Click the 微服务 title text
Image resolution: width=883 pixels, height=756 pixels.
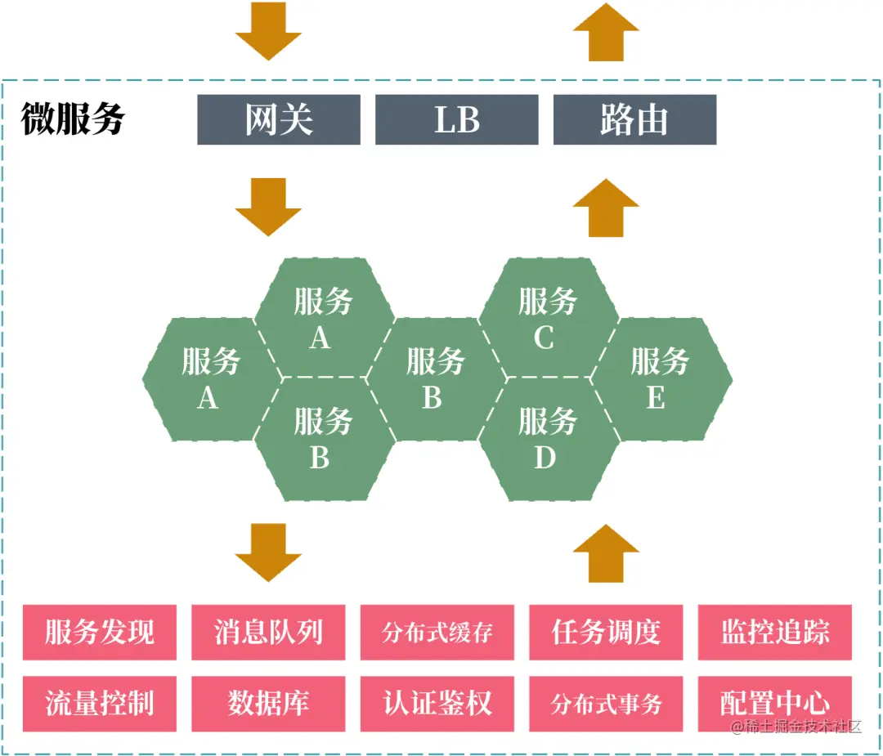tap(73, 119)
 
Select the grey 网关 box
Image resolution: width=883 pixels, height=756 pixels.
tap(279, 120)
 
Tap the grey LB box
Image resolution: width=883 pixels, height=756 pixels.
tap(456, 120)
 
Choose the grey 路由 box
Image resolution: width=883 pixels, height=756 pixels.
tap(634, 120)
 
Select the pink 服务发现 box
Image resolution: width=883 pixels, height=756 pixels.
tap(100, 632)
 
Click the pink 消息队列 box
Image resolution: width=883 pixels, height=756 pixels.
tap(268, 632)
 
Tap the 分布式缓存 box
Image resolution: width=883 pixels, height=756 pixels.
tap(437, 632)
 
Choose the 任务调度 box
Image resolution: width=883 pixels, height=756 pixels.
tap(606, 632)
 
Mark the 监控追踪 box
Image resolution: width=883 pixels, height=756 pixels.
tap(775, 632)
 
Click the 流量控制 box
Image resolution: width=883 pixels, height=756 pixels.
tap(100, 703)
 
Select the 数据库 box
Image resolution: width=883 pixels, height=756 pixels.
tap(268, 703)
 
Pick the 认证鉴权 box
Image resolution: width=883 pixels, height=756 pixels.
tap(437, 703)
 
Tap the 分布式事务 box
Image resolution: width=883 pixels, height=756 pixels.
tap(606, 703)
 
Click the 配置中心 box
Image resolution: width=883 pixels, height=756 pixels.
tap(775, 703)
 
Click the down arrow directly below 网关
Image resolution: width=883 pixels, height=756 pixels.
tap(268, 207)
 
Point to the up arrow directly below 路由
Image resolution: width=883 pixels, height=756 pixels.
tap(606, 208)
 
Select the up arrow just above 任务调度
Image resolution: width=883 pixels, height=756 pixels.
tap(606, 553)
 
